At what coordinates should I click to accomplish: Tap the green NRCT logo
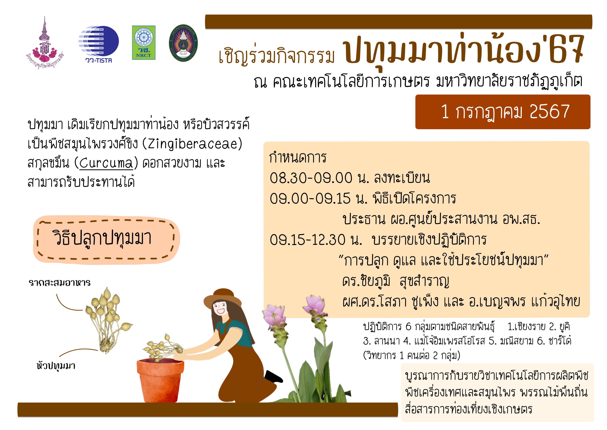144,43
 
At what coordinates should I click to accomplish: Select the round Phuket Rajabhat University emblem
183,43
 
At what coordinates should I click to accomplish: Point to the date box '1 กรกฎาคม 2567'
503,112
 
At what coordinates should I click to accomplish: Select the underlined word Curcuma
106,163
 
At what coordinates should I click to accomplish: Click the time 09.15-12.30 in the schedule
307,240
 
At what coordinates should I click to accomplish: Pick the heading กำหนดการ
298,158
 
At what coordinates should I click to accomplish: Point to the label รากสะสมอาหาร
59,282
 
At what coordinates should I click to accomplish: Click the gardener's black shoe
273,376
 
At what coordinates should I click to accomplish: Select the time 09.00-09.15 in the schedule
310,199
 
